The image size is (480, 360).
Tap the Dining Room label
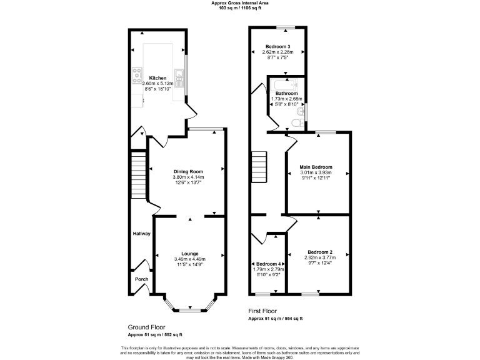tap(188, 171)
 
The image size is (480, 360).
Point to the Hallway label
tap(141, 233)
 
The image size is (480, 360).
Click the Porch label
tap(141, 279)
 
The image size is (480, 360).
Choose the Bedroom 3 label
tap(277, 47)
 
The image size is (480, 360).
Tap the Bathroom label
tap(286, 93)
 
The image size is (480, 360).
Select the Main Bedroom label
tap(316, 167)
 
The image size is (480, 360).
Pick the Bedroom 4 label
tap(269, 264)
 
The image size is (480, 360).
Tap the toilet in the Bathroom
tap(296, 123)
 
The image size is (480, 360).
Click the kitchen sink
tap(179, 78)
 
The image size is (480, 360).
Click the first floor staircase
tap(259, 167)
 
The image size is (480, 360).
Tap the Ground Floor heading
tap(147, 327)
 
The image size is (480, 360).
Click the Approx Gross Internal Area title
tap(240, 3)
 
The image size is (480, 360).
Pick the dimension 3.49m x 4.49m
tap(189, 259)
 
